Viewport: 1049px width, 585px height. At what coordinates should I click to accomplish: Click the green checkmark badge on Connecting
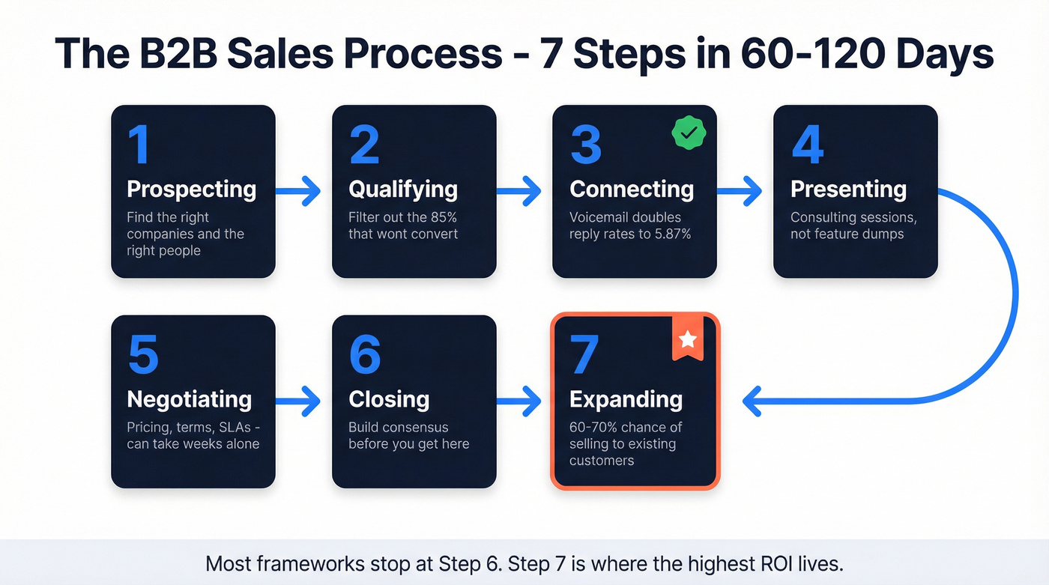coord(688,133)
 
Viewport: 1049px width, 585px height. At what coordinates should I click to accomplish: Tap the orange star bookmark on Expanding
coord(687,339)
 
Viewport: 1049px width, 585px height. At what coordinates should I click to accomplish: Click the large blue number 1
coord(138,145)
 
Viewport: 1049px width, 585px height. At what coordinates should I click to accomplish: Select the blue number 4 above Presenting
coord(807,145)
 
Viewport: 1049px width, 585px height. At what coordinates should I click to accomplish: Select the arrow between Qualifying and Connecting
coord(519,192)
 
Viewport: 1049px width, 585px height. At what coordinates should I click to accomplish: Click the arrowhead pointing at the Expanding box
coord(752,401)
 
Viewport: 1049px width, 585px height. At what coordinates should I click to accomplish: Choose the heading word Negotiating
coord(189,399)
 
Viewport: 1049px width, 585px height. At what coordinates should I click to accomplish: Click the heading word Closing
coord(388,399)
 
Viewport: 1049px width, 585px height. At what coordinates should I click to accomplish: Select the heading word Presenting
coord(848,190)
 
